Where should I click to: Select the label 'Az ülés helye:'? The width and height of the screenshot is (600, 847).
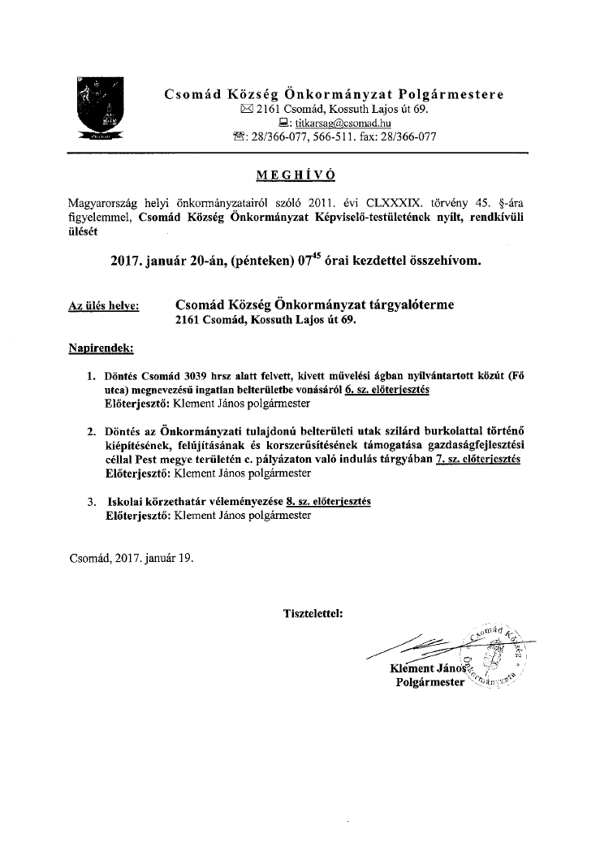tap(103, 306)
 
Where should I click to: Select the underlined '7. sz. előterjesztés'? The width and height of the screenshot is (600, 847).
tap(477, 460)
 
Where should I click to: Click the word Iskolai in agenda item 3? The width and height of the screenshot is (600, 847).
tap(126, 502)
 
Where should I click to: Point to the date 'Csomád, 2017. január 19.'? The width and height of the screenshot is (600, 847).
tap(131, 558)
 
